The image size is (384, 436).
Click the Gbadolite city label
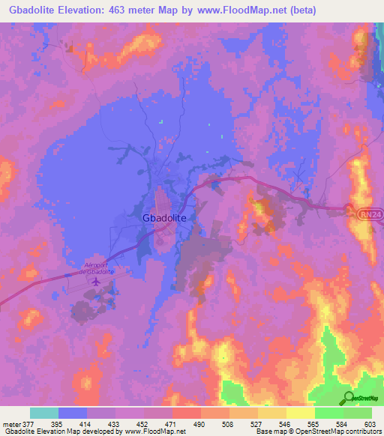tap(169, 217)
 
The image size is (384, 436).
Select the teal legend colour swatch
tap(44, 413)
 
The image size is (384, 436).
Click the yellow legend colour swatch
tap(301, 413)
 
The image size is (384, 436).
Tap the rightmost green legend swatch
tap(358, 413)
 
